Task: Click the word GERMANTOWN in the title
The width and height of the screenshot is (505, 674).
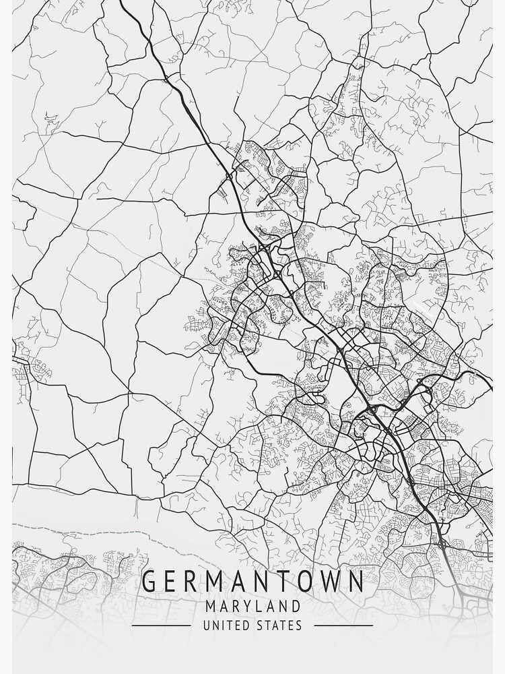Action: click(252, 582)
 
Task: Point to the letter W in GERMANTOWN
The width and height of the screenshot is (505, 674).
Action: click(326, 582)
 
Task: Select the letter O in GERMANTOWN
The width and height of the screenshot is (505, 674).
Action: click(300, 582)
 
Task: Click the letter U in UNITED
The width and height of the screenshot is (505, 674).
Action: click(206, 625)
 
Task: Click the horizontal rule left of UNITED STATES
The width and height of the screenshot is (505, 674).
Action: click(161, 625)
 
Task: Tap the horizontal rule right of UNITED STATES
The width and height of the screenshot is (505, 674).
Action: click(343, 625)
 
